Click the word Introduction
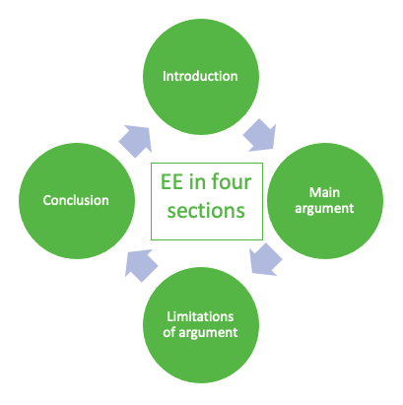click(x=200, y=76)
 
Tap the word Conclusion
click(x=76, y=200)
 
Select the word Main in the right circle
click(x=324, y=192)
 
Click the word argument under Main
click(x=324, y=209)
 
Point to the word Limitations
click(x=200, y=316)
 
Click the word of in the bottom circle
click(x=168, y=332)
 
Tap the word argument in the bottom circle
click(x=208, y=333)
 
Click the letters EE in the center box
click(x=171, y=182)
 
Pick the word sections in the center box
click(x=206, y=211)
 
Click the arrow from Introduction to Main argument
click(x=260, y=136)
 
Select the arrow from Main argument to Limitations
click(x=265, y=259)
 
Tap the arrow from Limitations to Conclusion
click(x=141, y=265)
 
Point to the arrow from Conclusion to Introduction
click(x=136, y=141)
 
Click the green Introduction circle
click(x=201, y=76)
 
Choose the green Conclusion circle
click(x=77, y=201)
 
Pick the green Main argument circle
click(x=325, y=201)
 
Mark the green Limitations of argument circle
click(x=201, y=325)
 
